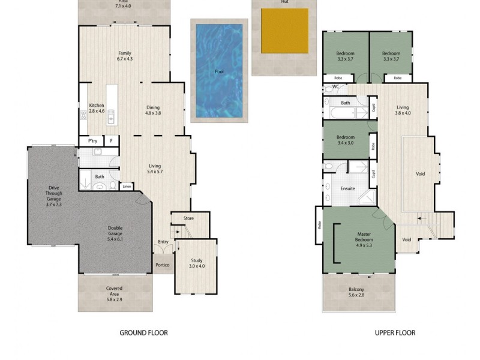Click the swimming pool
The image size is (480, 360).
tap(219, 71)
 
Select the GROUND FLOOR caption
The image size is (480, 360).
tap(143, 332)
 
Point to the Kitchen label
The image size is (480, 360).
tap(97, 108)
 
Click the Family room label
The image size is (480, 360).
tap(124, 56)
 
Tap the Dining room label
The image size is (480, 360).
tap(154, 110)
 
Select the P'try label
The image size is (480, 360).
tap(93, 141)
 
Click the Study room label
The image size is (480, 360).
tap(197, 263)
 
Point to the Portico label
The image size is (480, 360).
tap(162, 265)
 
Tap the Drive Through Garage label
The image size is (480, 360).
tap(54, 196)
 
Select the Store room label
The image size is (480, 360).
tap(188, 218)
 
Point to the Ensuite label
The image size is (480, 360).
tap(348, 188)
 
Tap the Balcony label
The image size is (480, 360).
tap(356, 293)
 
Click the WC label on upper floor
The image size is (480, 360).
tap(336, 87)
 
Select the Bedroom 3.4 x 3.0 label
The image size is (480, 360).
tap(345, 140)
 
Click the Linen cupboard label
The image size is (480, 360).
tap(127, 187)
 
